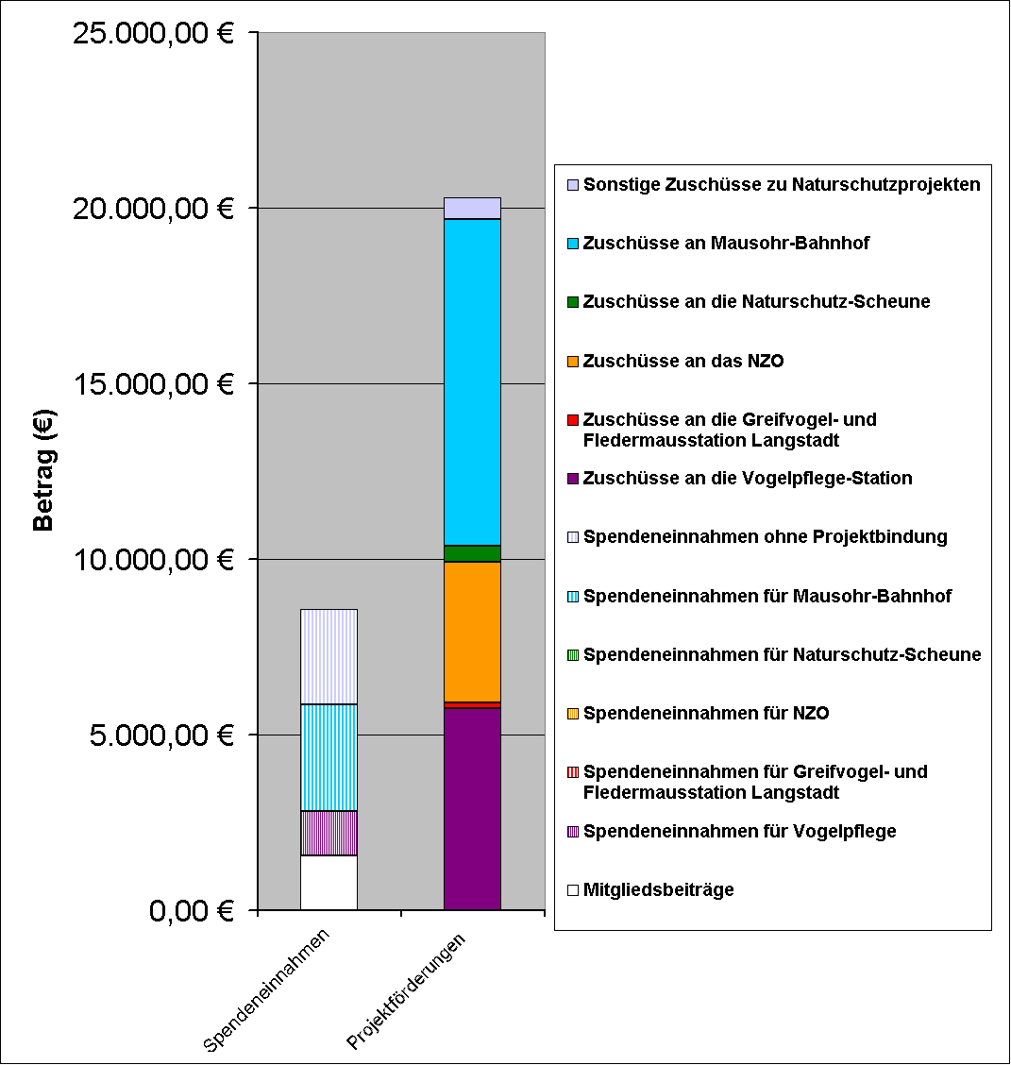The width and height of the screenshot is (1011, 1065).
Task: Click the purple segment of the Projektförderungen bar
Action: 472,809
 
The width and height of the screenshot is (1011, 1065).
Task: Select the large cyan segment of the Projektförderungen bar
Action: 472,382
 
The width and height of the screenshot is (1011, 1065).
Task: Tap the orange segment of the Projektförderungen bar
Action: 472,632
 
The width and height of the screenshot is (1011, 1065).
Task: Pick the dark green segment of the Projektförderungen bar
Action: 472,553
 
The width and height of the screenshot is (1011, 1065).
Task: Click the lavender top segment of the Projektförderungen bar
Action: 472,208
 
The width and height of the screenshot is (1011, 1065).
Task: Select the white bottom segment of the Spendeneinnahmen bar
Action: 329,883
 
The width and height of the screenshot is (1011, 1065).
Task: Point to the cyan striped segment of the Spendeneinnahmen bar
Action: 329,757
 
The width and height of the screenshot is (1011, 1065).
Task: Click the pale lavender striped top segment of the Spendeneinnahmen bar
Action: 329,656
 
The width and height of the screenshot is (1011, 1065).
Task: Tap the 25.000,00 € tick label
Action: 151,33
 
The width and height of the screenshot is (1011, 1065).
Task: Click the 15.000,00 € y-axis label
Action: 151,384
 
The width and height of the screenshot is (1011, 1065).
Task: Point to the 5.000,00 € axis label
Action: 160,735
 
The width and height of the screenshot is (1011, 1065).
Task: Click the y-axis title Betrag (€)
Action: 43,469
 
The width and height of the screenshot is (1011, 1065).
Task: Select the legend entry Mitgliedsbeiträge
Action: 658,889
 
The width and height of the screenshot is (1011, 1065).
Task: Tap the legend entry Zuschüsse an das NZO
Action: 683,361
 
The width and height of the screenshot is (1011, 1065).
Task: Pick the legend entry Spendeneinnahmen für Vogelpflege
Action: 739,831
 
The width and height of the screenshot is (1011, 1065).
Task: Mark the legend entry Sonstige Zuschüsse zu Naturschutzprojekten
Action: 782,184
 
